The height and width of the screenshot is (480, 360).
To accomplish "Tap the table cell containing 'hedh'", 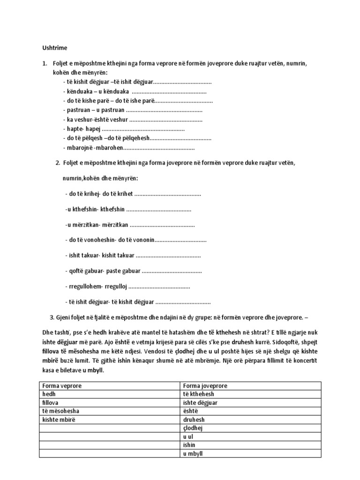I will (x=49, y=394).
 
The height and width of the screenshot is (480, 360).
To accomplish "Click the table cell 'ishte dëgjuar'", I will (x=200, y=402).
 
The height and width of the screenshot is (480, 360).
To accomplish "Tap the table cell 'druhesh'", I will (x=194, y=420).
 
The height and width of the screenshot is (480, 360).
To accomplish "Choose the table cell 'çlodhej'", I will (x=193, y=428).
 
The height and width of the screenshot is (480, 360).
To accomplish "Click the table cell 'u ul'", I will (x=188, y=436).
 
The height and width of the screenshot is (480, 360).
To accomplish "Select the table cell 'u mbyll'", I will (x=193, y=454).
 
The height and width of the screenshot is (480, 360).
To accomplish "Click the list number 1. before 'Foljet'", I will (x=45, y=63).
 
